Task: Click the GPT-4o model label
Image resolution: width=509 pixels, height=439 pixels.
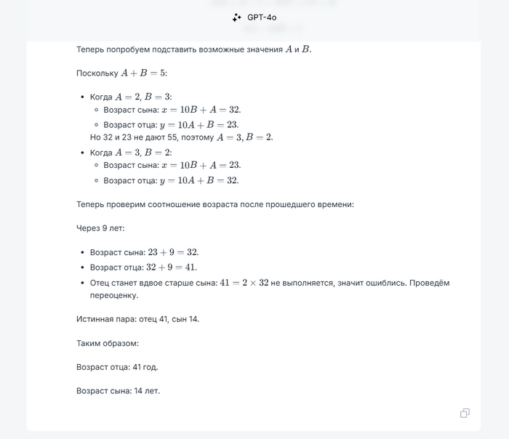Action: click(262, 17)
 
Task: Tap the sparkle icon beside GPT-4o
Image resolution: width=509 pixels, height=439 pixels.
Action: click(236, 17)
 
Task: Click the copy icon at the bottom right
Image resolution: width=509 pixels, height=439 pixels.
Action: click(465, 413)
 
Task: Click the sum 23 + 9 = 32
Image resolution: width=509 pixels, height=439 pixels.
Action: click(173, 252)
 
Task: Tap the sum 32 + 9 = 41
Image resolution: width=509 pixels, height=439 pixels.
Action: click(172, 267)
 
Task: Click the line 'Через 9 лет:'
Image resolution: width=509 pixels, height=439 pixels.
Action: click(100, 228)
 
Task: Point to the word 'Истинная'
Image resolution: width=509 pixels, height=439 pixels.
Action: click(95, 319)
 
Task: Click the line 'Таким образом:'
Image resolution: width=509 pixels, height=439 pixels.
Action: click(107, 343)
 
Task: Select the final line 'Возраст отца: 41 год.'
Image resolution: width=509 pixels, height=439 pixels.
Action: click(117, 367)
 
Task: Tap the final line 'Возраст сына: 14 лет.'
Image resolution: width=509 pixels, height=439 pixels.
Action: click(118, 391)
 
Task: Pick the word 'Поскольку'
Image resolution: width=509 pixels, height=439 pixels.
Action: click(97, 73)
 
